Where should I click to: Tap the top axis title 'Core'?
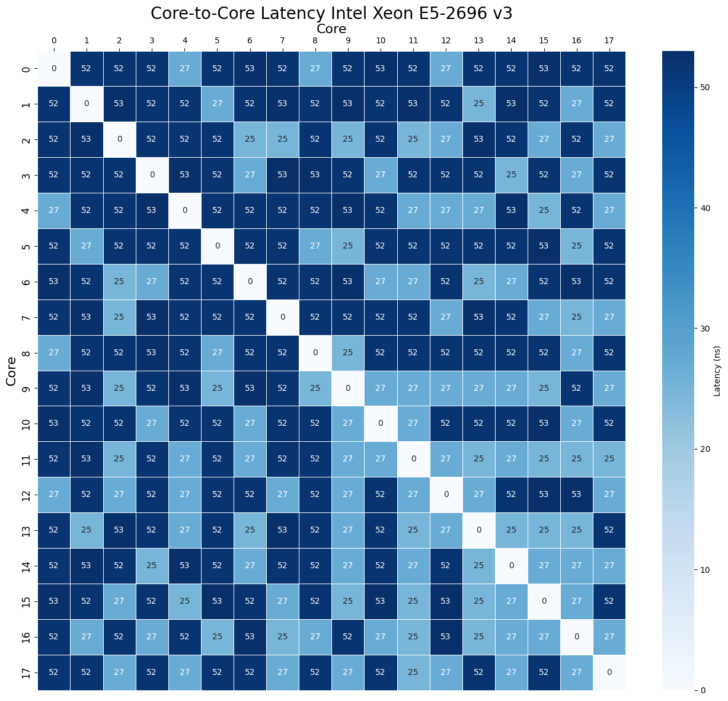pyautogui.click(x=331, y=28)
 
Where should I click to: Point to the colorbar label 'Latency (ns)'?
pyautogui.click(x=717, y=371)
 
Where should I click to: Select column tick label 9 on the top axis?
pyautogui.click(x=348, y=40)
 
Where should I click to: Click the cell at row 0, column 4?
pyautogui.click(x=185, y=69)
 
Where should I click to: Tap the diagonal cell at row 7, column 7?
pyautogui.click(x=283, y=317)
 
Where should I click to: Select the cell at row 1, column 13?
pyautogui.click(x=478, y=104)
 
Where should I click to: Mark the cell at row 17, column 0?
pyautogui.click(x=54, y=673)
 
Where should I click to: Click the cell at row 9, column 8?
pyautogui.click(x=315, y=388)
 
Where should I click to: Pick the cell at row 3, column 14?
pyautogui.click(x=511, y=176)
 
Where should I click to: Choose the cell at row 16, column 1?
pyautogui.click(x=87, y=637)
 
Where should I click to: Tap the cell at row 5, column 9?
pyautogui.click(x=348, y=246)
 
